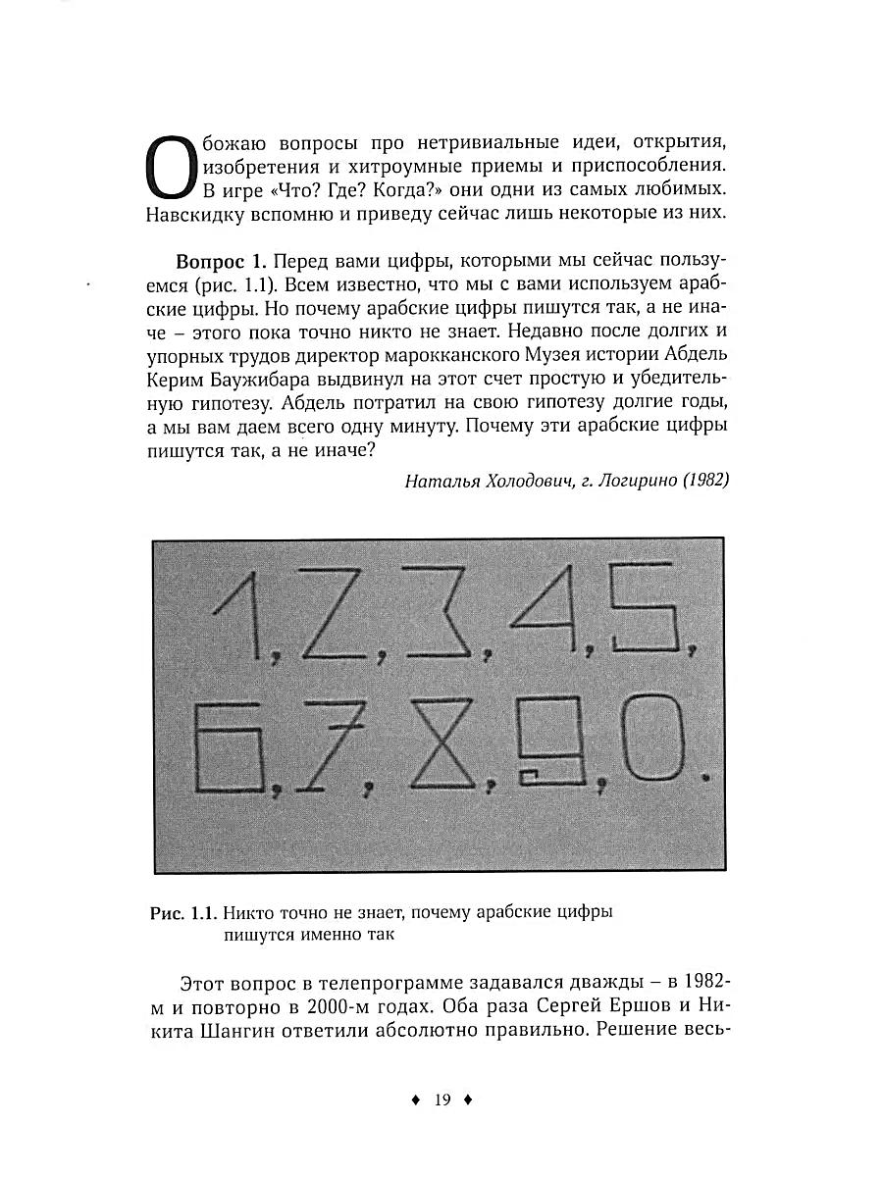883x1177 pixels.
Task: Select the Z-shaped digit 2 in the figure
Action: [x=339, y=618]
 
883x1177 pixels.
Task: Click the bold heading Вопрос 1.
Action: [x=221, y=263]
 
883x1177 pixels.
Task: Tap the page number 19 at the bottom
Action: [x=441, y=1100]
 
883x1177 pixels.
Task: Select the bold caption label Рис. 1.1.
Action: [x=183, y=913]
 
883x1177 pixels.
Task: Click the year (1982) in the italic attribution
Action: [x=705, y=481]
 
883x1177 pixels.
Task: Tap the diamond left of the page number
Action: [x=415, y=1100]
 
